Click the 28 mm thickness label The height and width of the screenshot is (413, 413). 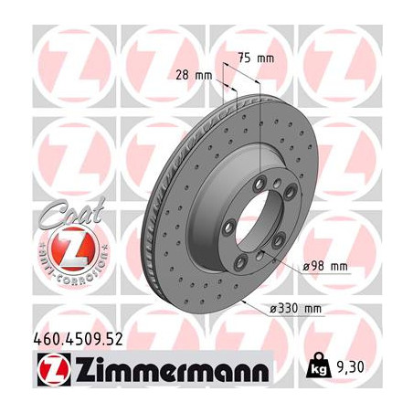pos(190,74)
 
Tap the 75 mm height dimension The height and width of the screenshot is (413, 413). pos(255,58)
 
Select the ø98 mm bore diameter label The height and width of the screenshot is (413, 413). pos(325,266)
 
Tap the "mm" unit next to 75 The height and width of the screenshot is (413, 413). pos(266,58)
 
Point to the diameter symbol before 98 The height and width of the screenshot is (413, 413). pos(305,267)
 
